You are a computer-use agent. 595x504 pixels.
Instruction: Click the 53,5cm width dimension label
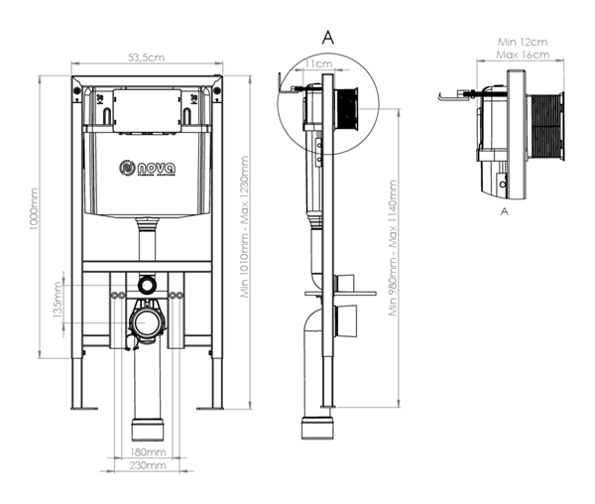click(x=146, y=60)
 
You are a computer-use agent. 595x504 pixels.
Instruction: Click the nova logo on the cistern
click(x=147, y=169)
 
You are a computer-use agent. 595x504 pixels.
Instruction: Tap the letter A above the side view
click(x=328, y=36)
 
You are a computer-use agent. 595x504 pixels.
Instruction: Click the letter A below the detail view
click(x=505, y=211)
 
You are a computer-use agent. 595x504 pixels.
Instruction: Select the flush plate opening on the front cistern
click(x=147, y=110)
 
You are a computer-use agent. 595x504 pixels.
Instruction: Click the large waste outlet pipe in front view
click(x=147, y=323)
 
